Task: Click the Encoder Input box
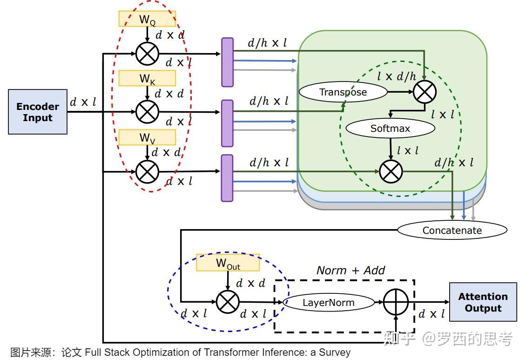pos(38,112)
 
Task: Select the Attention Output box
pos(483,302)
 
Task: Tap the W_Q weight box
pos(147,19)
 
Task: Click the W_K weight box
pos(147,78)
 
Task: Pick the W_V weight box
pos(147,137)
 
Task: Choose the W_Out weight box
pos(228,263)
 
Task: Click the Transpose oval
pos(343,92)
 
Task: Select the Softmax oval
pos(390,128)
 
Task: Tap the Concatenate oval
pos(452,230)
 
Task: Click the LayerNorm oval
pos(329,303)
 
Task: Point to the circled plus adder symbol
pos(396,303)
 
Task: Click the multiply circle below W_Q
pos(147,54)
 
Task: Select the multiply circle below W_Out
pos(228,303)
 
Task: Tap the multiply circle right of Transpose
pos(425,92)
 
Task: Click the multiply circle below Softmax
pos(391,171)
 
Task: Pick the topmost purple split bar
pos(227,62)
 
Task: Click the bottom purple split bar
pos(227,178)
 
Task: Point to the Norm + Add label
pos(351,271)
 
